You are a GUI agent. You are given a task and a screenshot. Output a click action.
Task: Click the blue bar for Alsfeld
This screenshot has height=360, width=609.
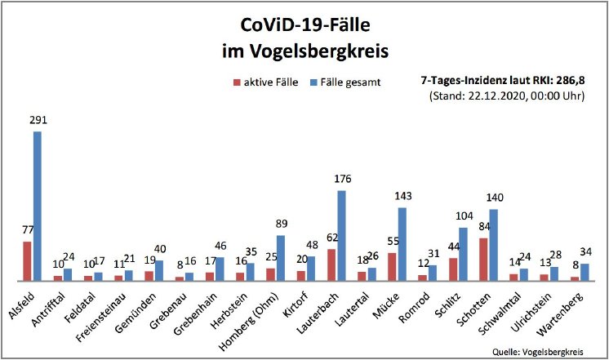click(x=37, y=206)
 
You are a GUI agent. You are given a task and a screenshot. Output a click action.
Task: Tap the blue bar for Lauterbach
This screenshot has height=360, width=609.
click(x=341, y=235)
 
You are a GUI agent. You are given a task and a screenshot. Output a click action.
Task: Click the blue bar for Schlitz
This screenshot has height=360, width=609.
click(x=463, y=254)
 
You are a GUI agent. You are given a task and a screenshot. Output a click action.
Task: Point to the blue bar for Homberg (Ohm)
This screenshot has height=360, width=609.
click(x=281, y=258)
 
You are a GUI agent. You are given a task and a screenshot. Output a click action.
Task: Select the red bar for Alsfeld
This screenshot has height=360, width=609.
click(x=27, y=260)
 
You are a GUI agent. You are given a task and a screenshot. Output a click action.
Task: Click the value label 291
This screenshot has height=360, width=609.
click(x=38, y=120)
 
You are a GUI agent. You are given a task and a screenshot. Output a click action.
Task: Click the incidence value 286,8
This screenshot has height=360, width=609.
click(x=571, y=81)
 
